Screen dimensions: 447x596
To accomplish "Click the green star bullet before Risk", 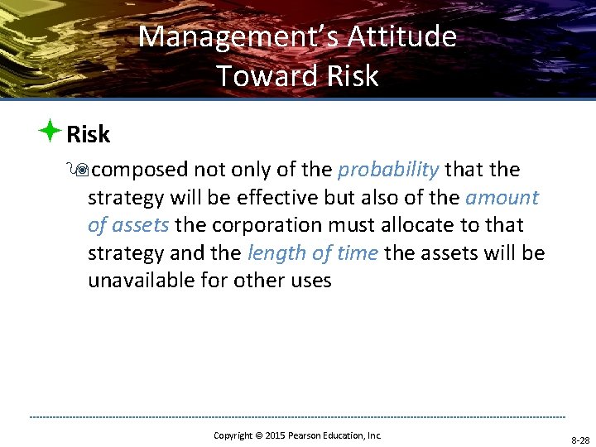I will click(x=50, y=132).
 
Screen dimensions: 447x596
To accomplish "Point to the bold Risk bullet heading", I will click(x=88, y=133).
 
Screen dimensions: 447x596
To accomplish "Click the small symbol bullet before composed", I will click(x=81, y=171).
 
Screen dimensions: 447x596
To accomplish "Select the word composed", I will click(x=139, y=171).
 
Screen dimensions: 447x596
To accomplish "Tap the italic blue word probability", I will click(x=388, y=170).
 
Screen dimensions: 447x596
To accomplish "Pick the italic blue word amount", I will click(x=502, y=198).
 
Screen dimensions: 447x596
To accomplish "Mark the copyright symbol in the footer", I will click(x=257, y=435).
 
